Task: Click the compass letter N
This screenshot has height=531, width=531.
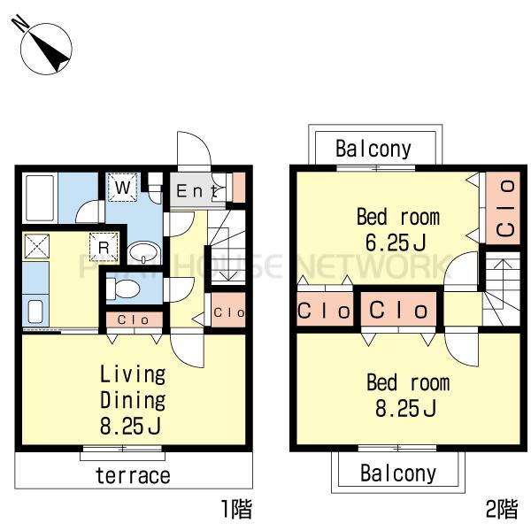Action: point(20,23)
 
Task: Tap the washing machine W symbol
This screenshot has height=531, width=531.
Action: point(122,188)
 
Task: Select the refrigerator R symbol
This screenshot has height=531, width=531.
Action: point(104,247)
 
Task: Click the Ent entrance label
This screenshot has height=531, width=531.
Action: point(196,190)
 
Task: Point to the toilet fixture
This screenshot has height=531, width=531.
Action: point(123,289)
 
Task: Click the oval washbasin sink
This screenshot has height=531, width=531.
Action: point(144,252)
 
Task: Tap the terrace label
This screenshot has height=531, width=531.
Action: point(133,475)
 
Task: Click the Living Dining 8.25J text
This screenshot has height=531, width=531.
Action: point(133,400)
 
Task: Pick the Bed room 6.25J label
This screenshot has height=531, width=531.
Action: point(398,229)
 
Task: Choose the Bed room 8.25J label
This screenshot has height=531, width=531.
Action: point(408,395)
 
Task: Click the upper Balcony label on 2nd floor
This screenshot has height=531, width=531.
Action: point(373,149)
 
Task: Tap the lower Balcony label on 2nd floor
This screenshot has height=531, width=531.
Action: point(398,473)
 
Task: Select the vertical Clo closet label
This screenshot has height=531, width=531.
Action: point(505,208)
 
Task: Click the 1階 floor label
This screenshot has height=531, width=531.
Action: point(236,509)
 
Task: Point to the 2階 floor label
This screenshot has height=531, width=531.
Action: point(502,509)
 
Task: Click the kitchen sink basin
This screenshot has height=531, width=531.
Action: point(35,312)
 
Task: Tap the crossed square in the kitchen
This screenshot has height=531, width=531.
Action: point(36,246)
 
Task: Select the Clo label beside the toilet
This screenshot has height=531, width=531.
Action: point(133,319)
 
